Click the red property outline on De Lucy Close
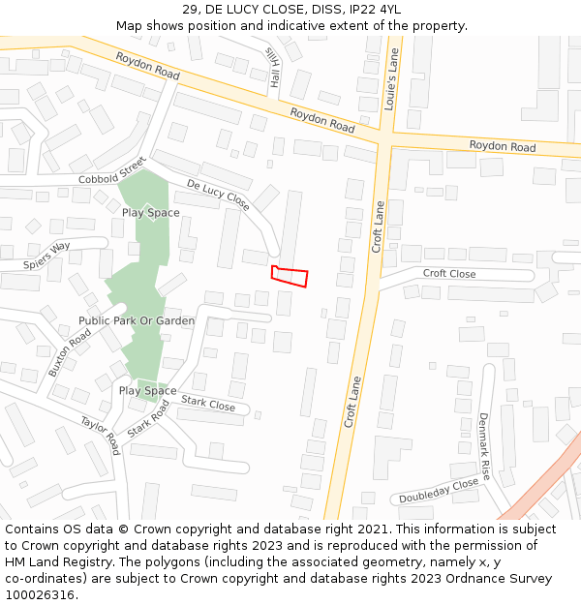(x=290, y=276)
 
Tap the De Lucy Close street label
(x=218, y=195)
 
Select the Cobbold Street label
(x=111, y=171)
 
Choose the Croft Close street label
(x=449, y=274)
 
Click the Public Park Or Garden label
(x=137, y=320)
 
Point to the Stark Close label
(x=208, y=404)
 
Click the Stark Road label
(x=148, y=418)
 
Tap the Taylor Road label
(x=100, y=437)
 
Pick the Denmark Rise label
(x=484, y=446)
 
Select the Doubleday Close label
(x=440, y=491)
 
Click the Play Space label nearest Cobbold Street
(x=150, y=212)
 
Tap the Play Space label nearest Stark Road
(x=147, y=391)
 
